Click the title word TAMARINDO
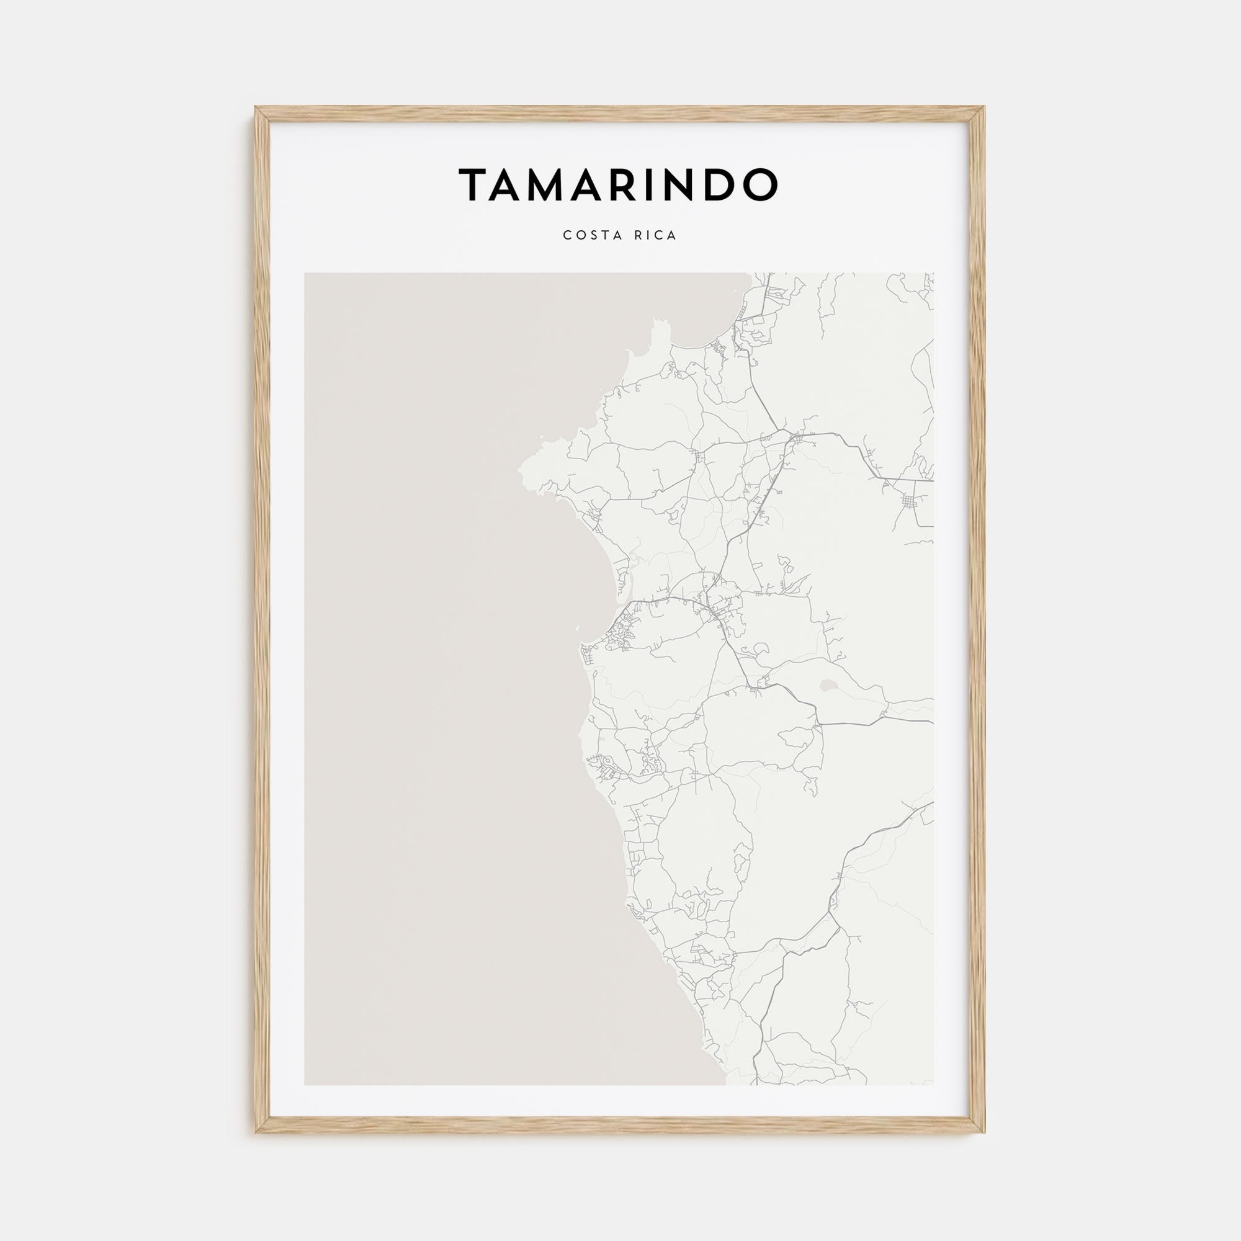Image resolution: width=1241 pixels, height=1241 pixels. point(618,184)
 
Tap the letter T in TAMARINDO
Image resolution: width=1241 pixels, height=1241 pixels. point(475,185)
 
